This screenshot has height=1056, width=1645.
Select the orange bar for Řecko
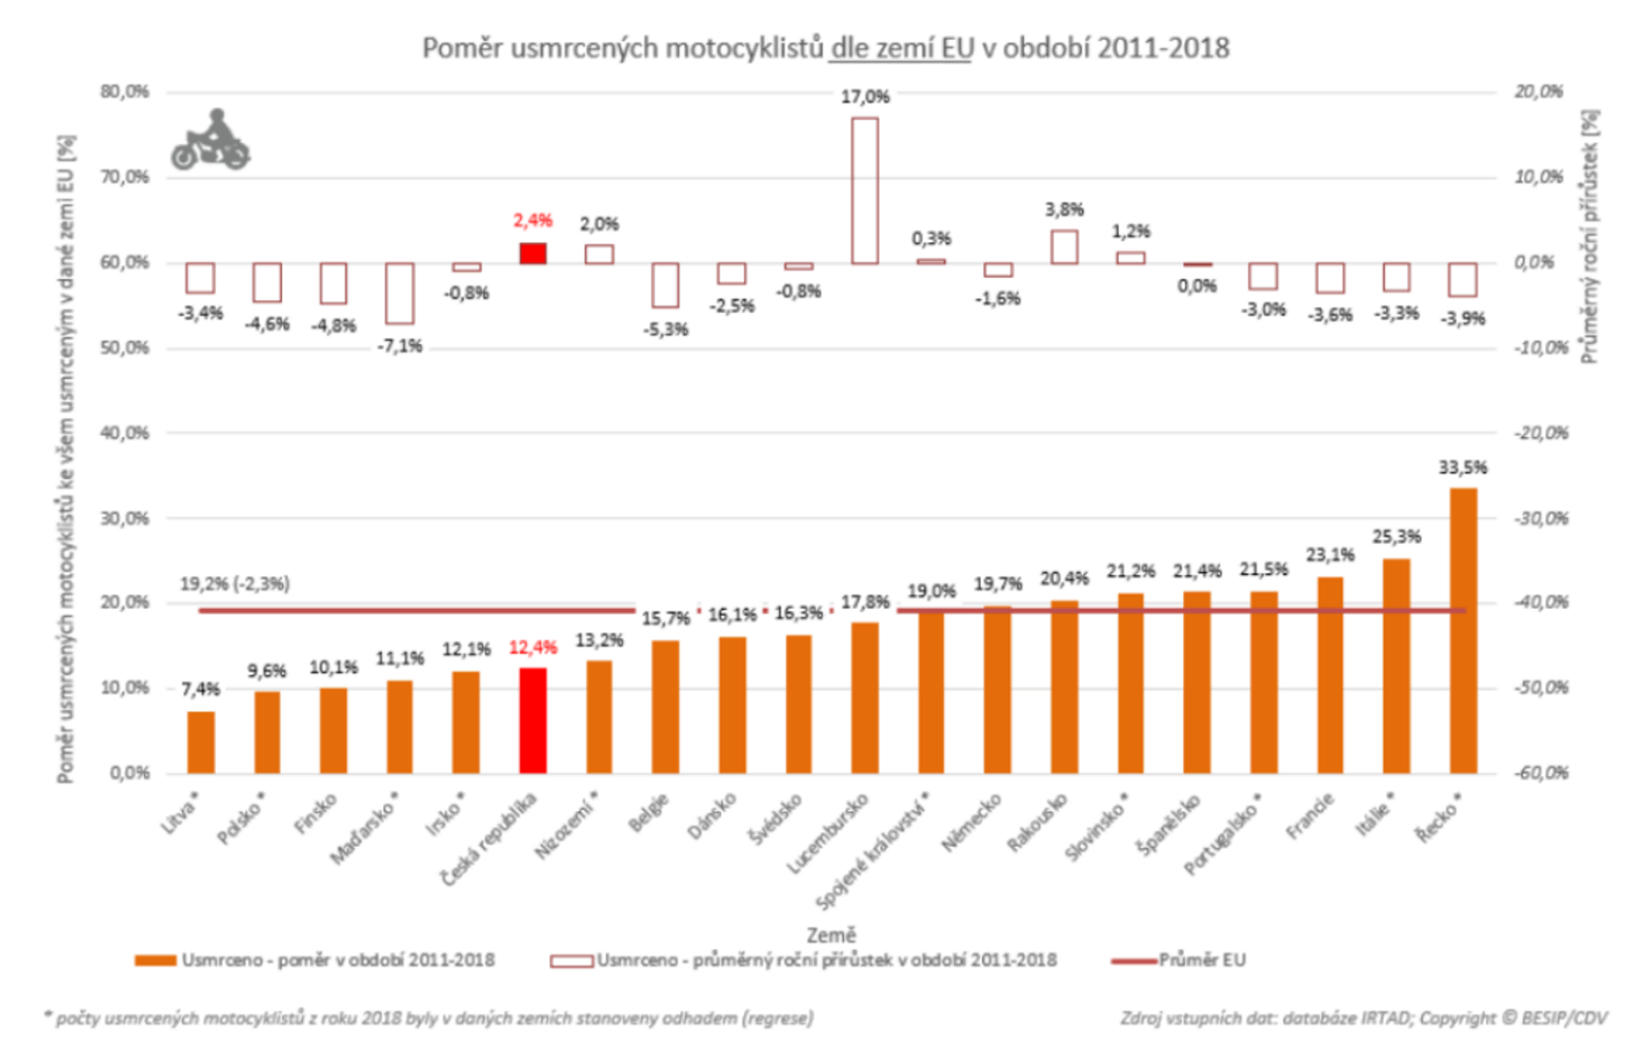click(1462, 631)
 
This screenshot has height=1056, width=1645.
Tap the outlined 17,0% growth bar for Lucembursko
click(865, 191)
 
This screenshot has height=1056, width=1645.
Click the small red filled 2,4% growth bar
click(533, 253)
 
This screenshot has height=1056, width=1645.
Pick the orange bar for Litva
click(200, 742)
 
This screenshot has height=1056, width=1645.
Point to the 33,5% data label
click(1462, 468)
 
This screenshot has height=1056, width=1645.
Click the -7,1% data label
click(400, 346)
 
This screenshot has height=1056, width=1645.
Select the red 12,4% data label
click(533, 648)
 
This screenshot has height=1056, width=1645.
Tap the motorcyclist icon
click(210, 140)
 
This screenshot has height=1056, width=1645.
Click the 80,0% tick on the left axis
click(124, 92)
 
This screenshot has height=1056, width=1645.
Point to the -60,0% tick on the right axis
click(1540, 773)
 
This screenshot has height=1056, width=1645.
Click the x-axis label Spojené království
click(873, 850)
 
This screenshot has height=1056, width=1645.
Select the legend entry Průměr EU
click(1202, 960)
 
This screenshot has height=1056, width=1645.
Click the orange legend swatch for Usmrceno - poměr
click(155, 961)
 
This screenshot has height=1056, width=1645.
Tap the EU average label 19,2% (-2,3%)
click(234, 585)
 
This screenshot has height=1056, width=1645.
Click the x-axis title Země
click(831, 935)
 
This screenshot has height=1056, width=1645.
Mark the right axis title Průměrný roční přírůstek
click(1589, 236)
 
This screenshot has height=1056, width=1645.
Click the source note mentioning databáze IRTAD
click(1363, 1018)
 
